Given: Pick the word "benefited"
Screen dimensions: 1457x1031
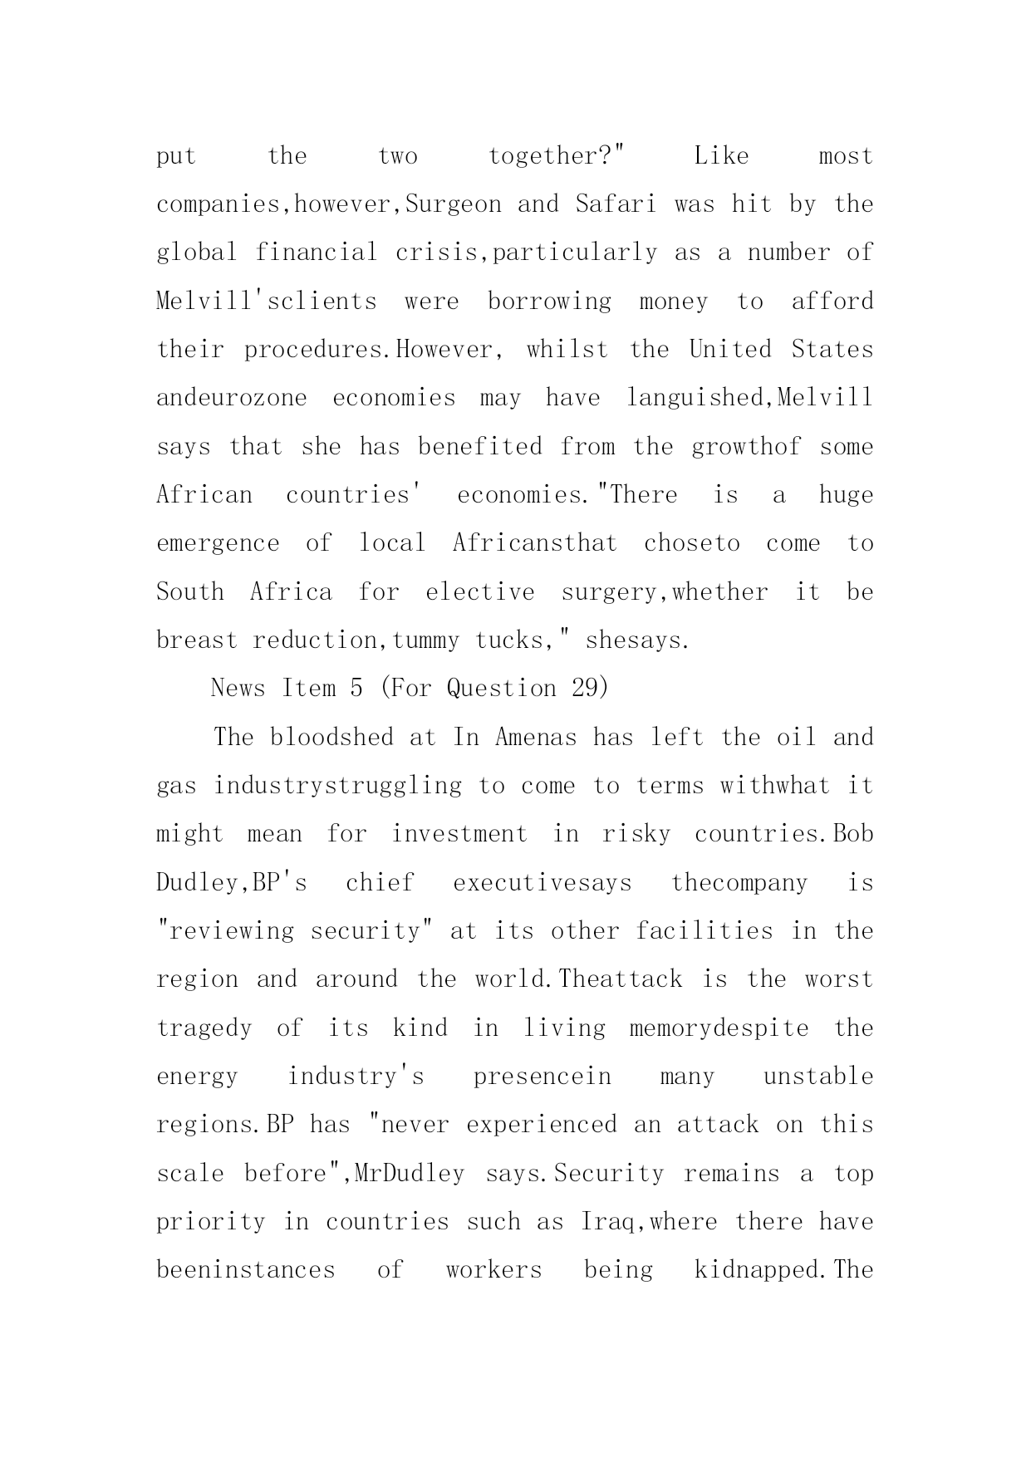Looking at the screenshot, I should (479, 447).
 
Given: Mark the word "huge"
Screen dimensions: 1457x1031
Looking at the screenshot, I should (846, 495).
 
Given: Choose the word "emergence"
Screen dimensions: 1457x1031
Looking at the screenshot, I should (217, 544).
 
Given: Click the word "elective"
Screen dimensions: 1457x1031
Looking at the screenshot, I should (480, 592).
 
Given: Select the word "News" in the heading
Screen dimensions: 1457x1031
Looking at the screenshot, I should (238, 689).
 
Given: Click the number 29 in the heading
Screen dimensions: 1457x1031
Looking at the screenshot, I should (587, 689).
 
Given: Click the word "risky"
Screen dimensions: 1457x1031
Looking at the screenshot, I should (636, 834).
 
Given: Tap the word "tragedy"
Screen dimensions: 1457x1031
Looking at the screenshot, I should (204, 1028).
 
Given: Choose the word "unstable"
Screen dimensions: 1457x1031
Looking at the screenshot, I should (817, 1077).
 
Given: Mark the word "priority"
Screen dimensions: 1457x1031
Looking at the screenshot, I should (210, 1222).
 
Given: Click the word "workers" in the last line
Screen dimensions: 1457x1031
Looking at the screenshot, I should (493, 1270).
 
